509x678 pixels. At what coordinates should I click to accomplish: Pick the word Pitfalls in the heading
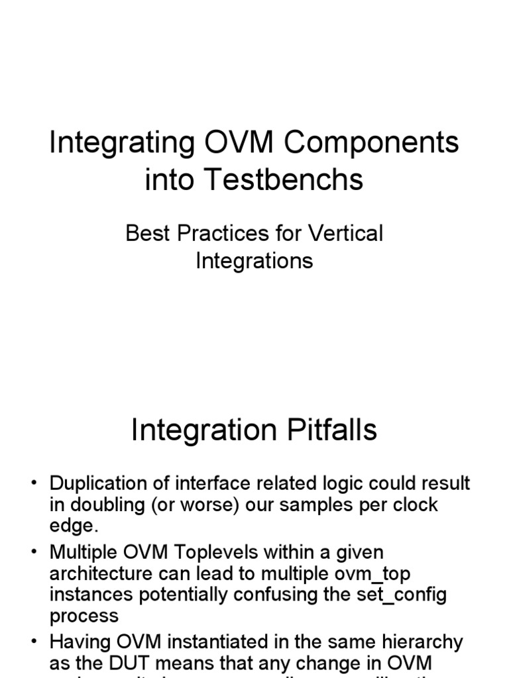[x=322, y=430]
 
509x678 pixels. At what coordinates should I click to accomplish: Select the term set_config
[x=402, y=595]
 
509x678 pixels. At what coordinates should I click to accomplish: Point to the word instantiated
[x=249, y=642]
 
